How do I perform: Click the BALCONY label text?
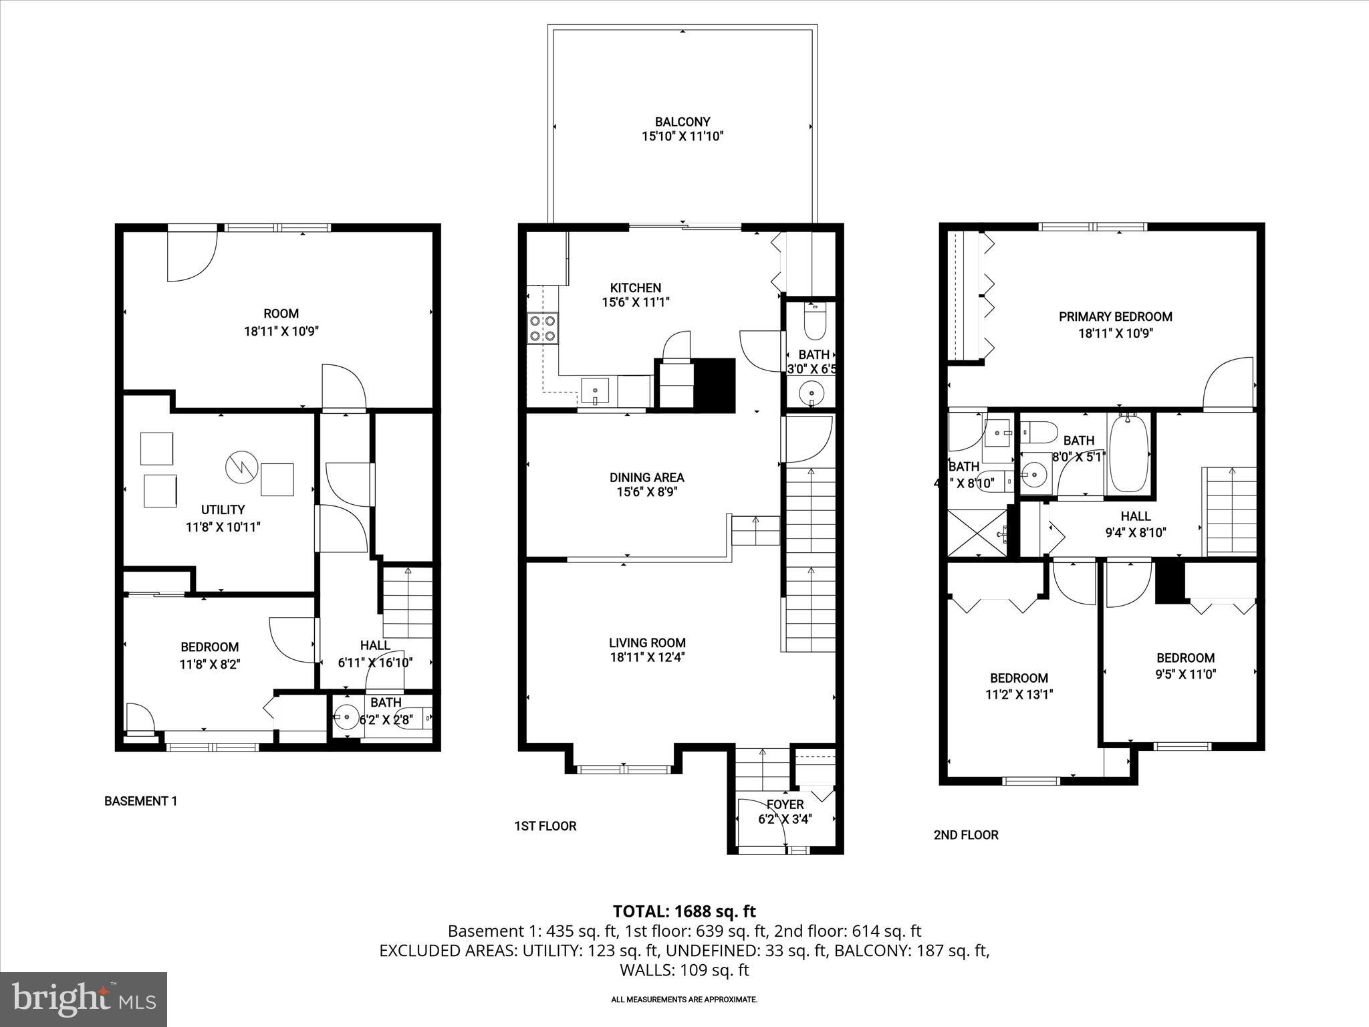point(682,122)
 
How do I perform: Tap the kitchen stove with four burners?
point(542,328)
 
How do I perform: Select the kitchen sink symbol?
point(595,391)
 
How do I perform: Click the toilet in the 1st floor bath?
point(815,324)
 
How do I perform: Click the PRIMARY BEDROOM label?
point(1115,316)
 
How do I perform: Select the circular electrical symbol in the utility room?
point(241,467)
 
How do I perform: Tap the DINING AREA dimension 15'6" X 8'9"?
point(646,493)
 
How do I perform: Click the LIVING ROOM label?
point(646,643)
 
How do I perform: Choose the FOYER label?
point(785,804)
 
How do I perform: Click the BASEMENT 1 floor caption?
point(140,801)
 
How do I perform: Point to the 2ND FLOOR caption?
point(965,834)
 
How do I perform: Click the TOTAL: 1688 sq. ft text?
point(684,911)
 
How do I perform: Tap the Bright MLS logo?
point(84,1000)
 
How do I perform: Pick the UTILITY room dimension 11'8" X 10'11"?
point(223,527)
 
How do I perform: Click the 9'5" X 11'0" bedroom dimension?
point(1185,675)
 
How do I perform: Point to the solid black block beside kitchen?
point(715,385)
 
